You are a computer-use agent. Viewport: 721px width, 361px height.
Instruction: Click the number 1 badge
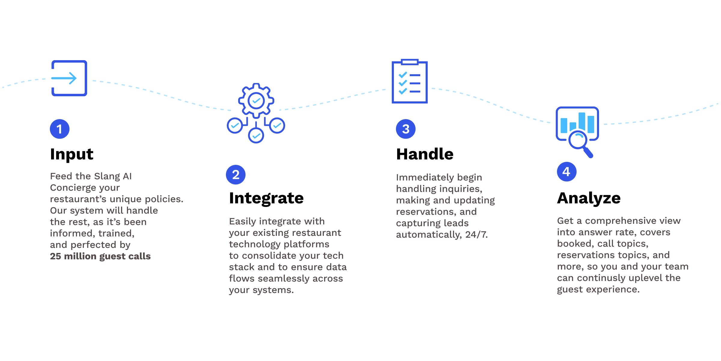[x=59, y=129]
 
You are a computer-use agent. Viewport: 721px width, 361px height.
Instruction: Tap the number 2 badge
[x=236, y=175]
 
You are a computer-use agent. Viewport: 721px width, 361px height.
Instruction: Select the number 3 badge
[x=406, y=129]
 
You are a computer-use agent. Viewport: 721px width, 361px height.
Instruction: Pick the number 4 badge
[x=567, y=172]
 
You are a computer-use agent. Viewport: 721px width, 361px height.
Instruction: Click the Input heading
[x=71, y=154]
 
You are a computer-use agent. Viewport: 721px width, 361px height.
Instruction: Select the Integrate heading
[x=266, y=198]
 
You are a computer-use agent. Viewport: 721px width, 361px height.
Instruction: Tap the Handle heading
[x=424, y=154]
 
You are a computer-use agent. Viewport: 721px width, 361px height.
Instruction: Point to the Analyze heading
[x=589, y=198]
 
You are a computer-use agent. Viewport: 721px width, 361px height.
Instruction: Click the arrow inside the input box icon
[x=64, y=78]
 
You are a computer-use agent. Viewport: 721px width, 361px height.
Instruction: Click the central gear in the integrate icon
[x=256, y=100]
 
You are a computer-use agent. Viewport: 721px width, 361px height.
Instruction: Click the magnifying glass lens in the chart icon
[x=577, y=140]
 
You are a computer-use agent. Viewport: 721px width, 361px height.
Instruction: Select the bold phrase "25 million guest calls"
[x=100, y=256]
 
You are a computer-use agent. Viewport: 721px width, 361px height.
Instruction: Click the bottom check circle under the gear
[x=256, y=136]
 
